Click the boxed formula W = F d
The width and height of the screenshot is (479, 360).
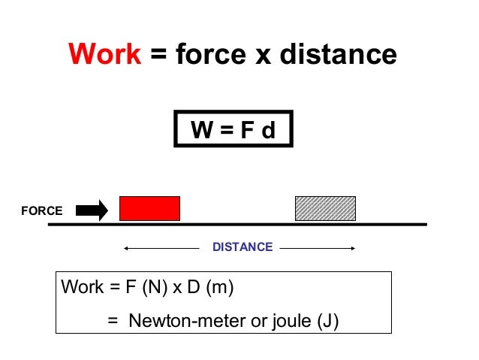pos(233,131)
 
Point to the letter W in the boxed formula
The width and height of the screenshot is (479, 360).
pos(201,132)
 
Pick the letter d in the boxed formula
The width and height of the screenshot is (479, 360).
pos(268,132)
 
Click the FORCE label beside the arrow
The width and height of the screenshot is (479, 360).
pos(42,211)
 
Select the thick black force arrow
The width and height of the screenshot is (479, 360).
pos(92,210)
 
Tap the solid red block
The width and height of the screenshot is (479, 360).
pos(150,208)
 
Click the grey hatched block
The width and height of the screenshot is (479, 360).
pos(325,208)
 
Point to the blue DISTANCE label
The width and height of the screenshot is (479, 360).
pos(243,247)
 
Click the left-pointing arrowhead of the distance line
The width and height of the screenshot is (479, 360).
pos(127,247)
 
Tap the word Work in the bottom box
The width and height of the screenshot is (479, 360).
pos(82,287)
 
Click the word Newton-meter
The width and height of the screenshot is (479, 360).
pos(182,321)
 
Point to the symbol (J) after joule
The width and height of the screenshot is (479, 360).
pos(328,321)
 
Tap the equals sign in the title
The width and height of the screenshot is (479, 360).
pos(158,54)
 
